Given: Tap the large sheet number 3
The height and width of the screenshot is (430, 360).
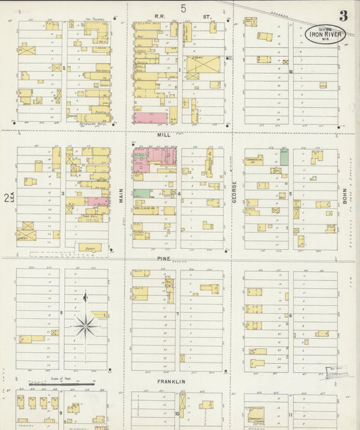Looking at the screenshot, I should coord(344,16).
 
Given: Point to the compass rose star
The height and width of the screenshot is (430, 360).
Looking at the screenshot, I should coord(86,326).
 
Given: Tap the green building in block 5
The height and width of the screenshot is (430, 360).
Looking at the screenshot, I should coord(284,157).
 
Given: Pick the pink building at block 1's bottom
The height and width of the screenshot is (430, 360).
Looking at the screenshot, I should coord(149,118).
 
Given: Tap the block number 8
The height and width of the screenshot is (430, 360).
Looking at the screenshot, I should coord(61,312).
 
